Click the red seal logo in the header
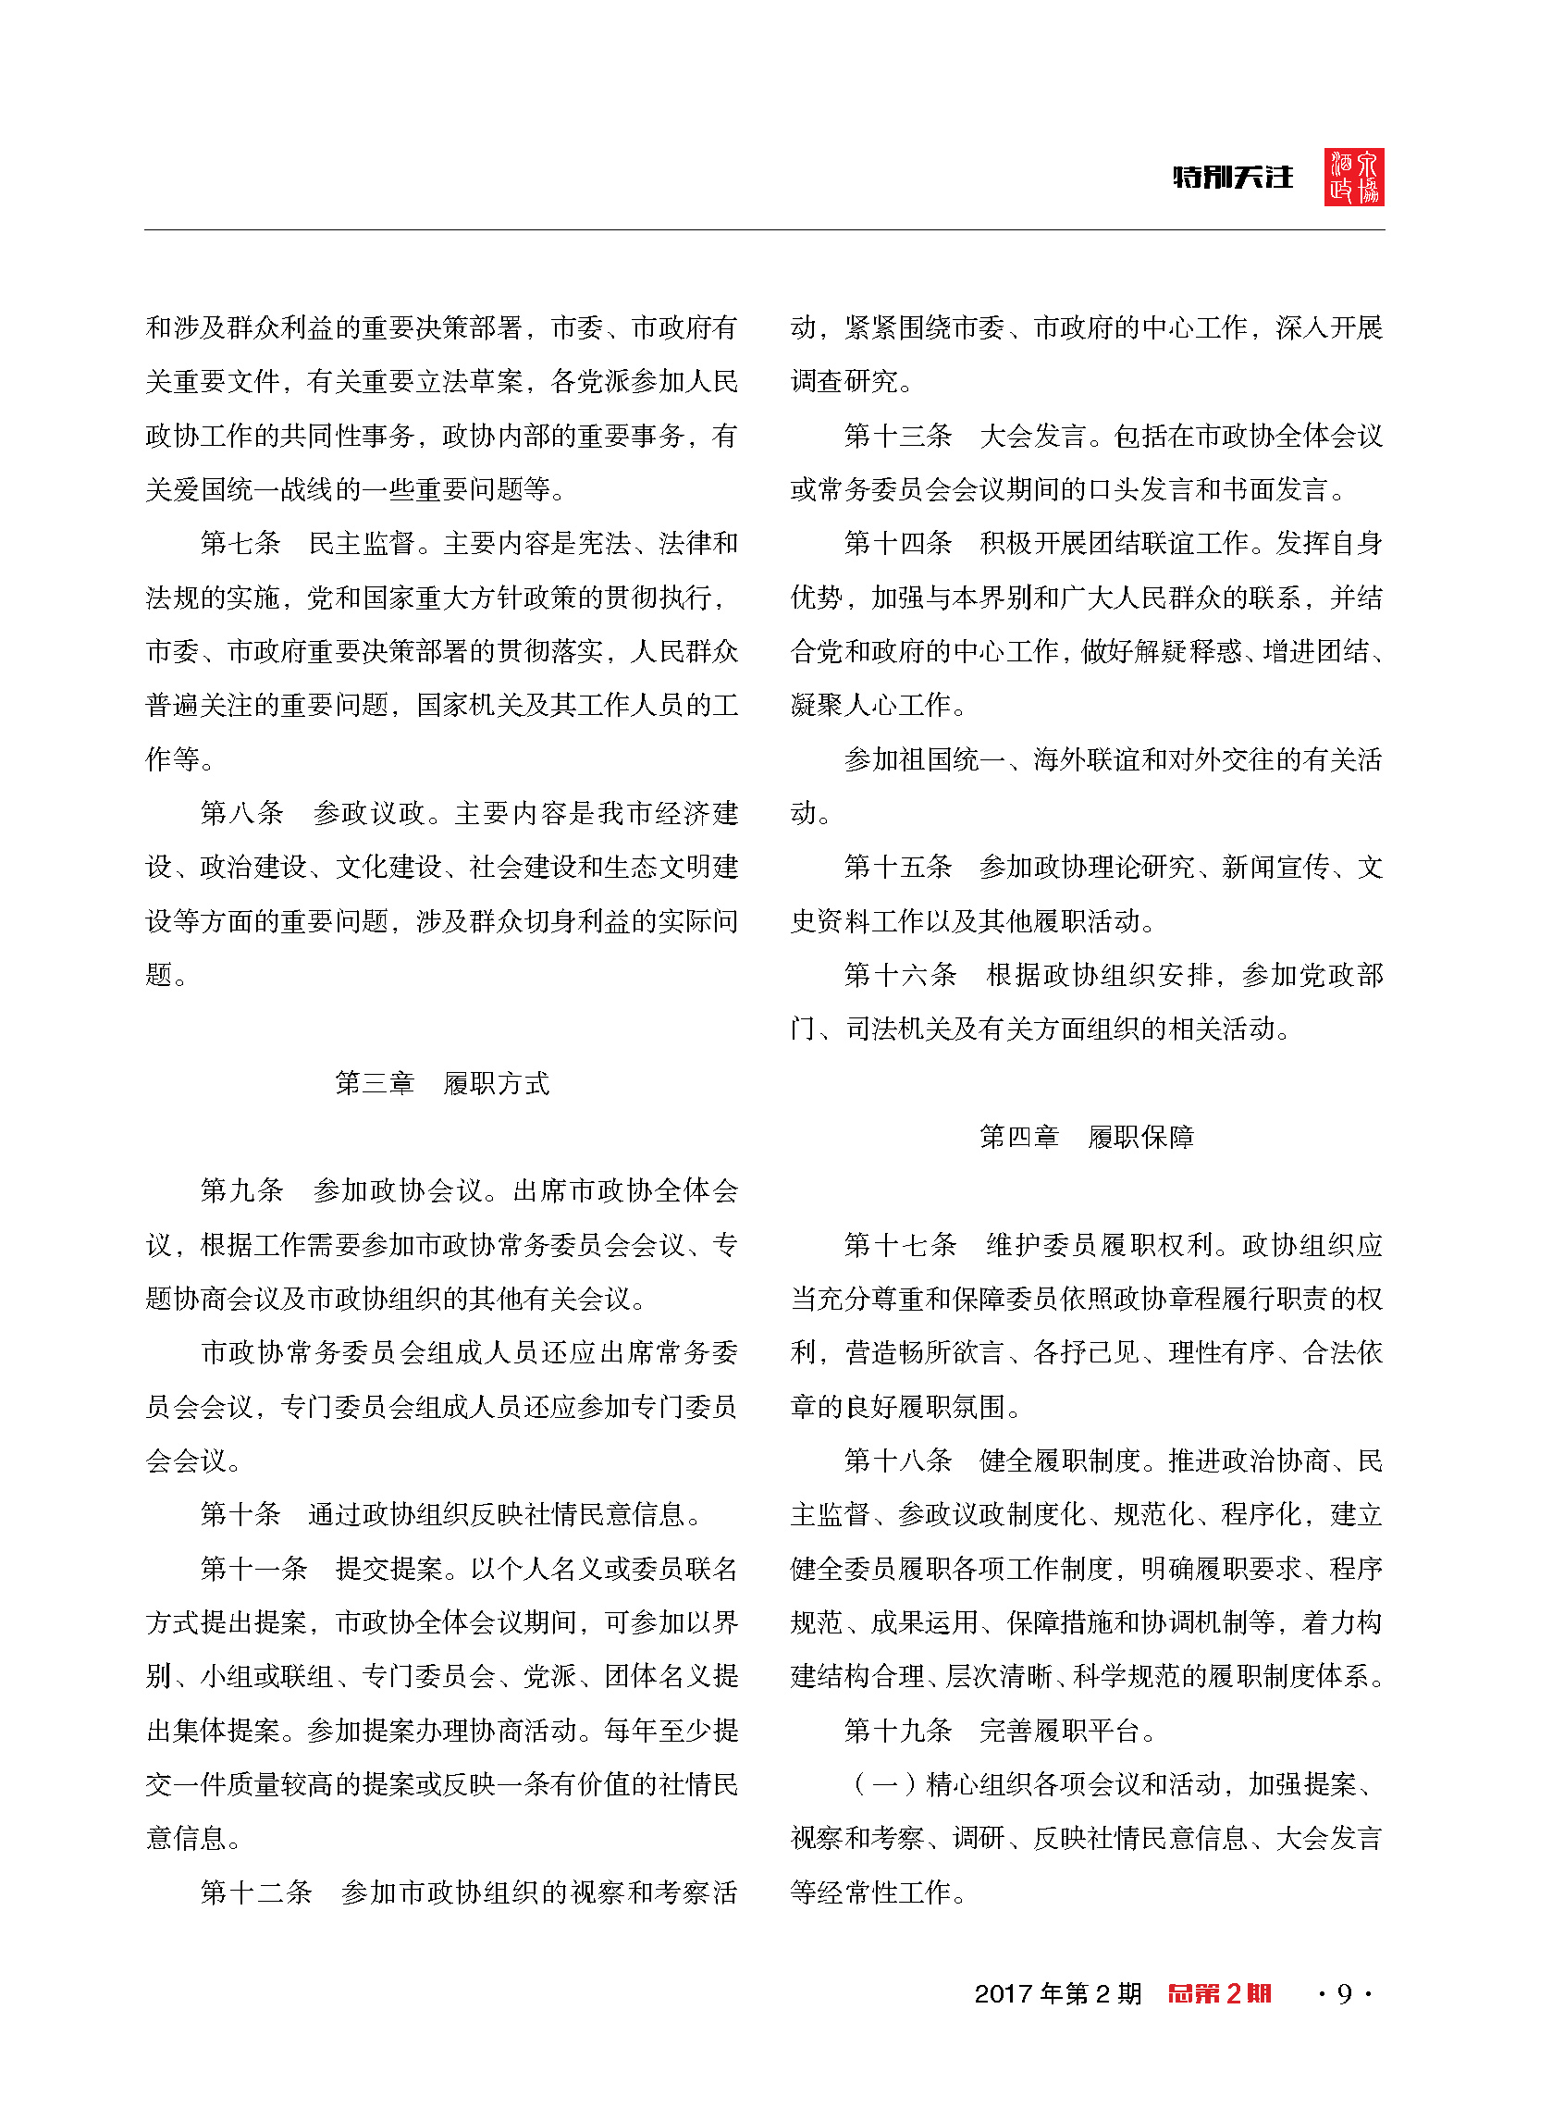[x=1354, y=177]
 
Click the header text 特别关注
[x=1233, y=178]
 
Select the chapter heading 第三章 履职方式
[x=441, y=1083]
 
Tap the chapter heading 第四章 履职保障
[x=1086, y=1137]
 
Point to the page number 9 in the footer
[x=1345, y=1993]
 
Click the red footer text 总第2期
[x=1218, y=1993]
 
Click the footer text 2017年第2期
[x=1058, y=1993]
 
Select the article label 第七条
[x=240, y=543]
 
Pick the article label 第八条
[x=241, y=812]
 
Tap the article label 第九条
[x=241, y=1191]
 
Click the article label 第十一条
[x=253, y=1569]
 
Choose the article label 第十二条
[x=255, y=1892]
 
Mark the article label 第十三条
[x=898, y=435]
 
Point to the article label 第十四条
[x=898, y=543]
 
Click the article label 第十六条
[x=900, y=975]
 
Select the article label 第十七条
[x=900, y=1245]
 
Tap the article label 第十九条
[x=898, y=1731]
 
